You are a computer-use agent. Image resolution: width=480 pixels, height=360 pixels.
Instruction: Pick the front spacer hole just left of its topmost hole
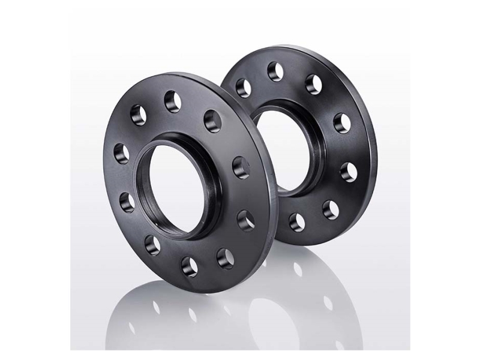tap(137, 112)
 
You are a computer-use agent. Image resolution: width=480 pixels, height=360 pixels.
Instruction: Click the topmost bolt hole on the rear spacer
tap(275, 68)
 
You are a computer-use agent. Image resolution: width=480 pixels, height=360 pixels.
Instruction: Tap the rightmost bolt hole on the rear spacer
tap(349, 173)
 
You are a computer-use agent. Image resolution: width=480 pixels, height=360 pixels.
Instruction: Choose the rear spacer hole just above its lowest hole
tap(330, 209)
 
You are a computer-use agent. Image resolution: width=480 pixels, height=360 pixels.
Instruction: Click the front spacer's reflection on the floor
tap(180, 312)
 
